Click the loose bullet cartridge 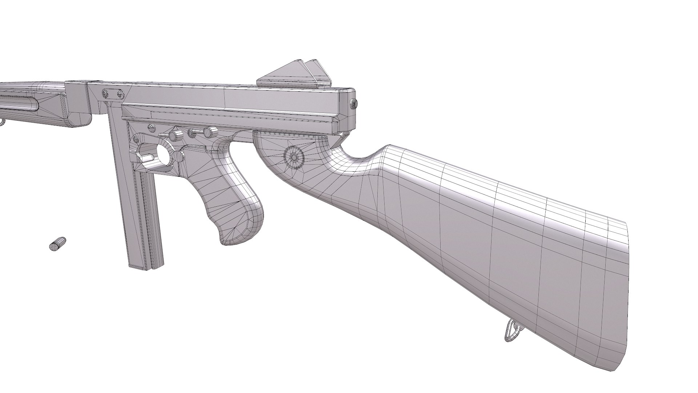(x=57, y=243)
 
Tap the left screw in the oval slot (x=106, y=94)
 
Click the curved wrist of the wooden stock (x=364, y=164)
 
